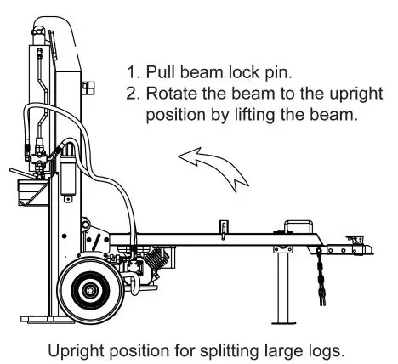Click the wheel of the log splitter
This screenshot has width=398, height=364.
[88, 288]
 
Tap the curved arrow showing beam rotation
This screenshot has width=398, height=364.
[217, 165]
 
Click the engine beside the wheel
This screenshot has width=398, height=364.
[140, 264]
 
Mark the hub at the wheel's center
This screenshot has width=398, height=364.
[88, 289]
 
